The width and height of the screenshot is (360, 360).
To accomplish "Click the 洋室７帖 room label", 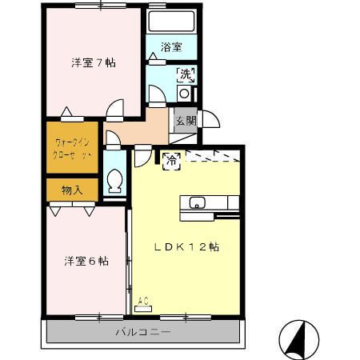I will coord(93,63).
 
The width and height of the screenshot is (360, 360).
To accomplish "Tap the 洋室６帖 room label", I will coord(86,261).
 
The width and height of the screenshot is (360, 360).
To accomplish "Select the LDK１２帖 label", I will coord(187,247).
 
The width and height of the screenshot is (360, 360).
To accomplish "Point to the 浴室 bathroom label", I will coord(170,47).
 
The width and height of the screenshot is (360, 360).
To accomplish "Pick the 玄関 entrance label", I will coord(186,121).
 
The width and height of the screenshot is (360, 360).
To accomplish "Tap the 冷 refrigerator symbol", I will coord(170,160).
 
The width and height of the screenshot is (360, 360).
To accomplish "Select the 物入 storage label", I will coord(71,190).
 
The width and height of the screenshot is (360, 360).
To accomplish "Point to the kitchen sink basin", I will coord(197,201).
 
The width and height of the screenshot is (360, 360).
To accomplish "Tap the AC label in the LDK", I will coord(143,302).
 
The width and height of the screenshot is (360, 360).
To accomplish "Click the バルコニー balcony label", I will coord(142,331).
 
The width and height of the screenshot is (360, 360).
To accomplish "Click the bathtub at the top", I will coord(171,22).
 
